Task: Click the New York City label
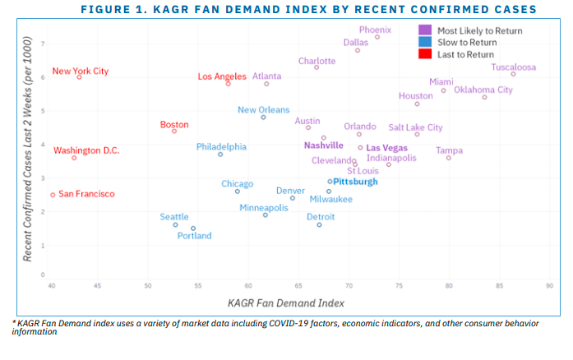click(x=80, y=71)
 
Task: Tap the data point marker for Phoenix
click(x=377, y=37)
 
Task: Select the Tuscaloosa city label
click(x=513, y=67)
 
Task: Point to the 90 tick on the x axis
click(x=548, y=285)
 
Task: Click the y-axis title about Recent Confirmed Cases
click(x=27, y=150)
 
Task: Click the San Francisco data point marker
click(x=53, y=195)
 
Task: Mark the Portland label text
click(x=194, y=236)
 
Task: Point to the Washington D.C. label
click(x=86, y=150)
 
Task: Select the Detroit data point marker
click(x=320, y=224)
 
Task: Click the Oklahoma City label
click(x=483, y=90)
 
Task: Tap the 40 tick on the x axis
click(x=52, y=285)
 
